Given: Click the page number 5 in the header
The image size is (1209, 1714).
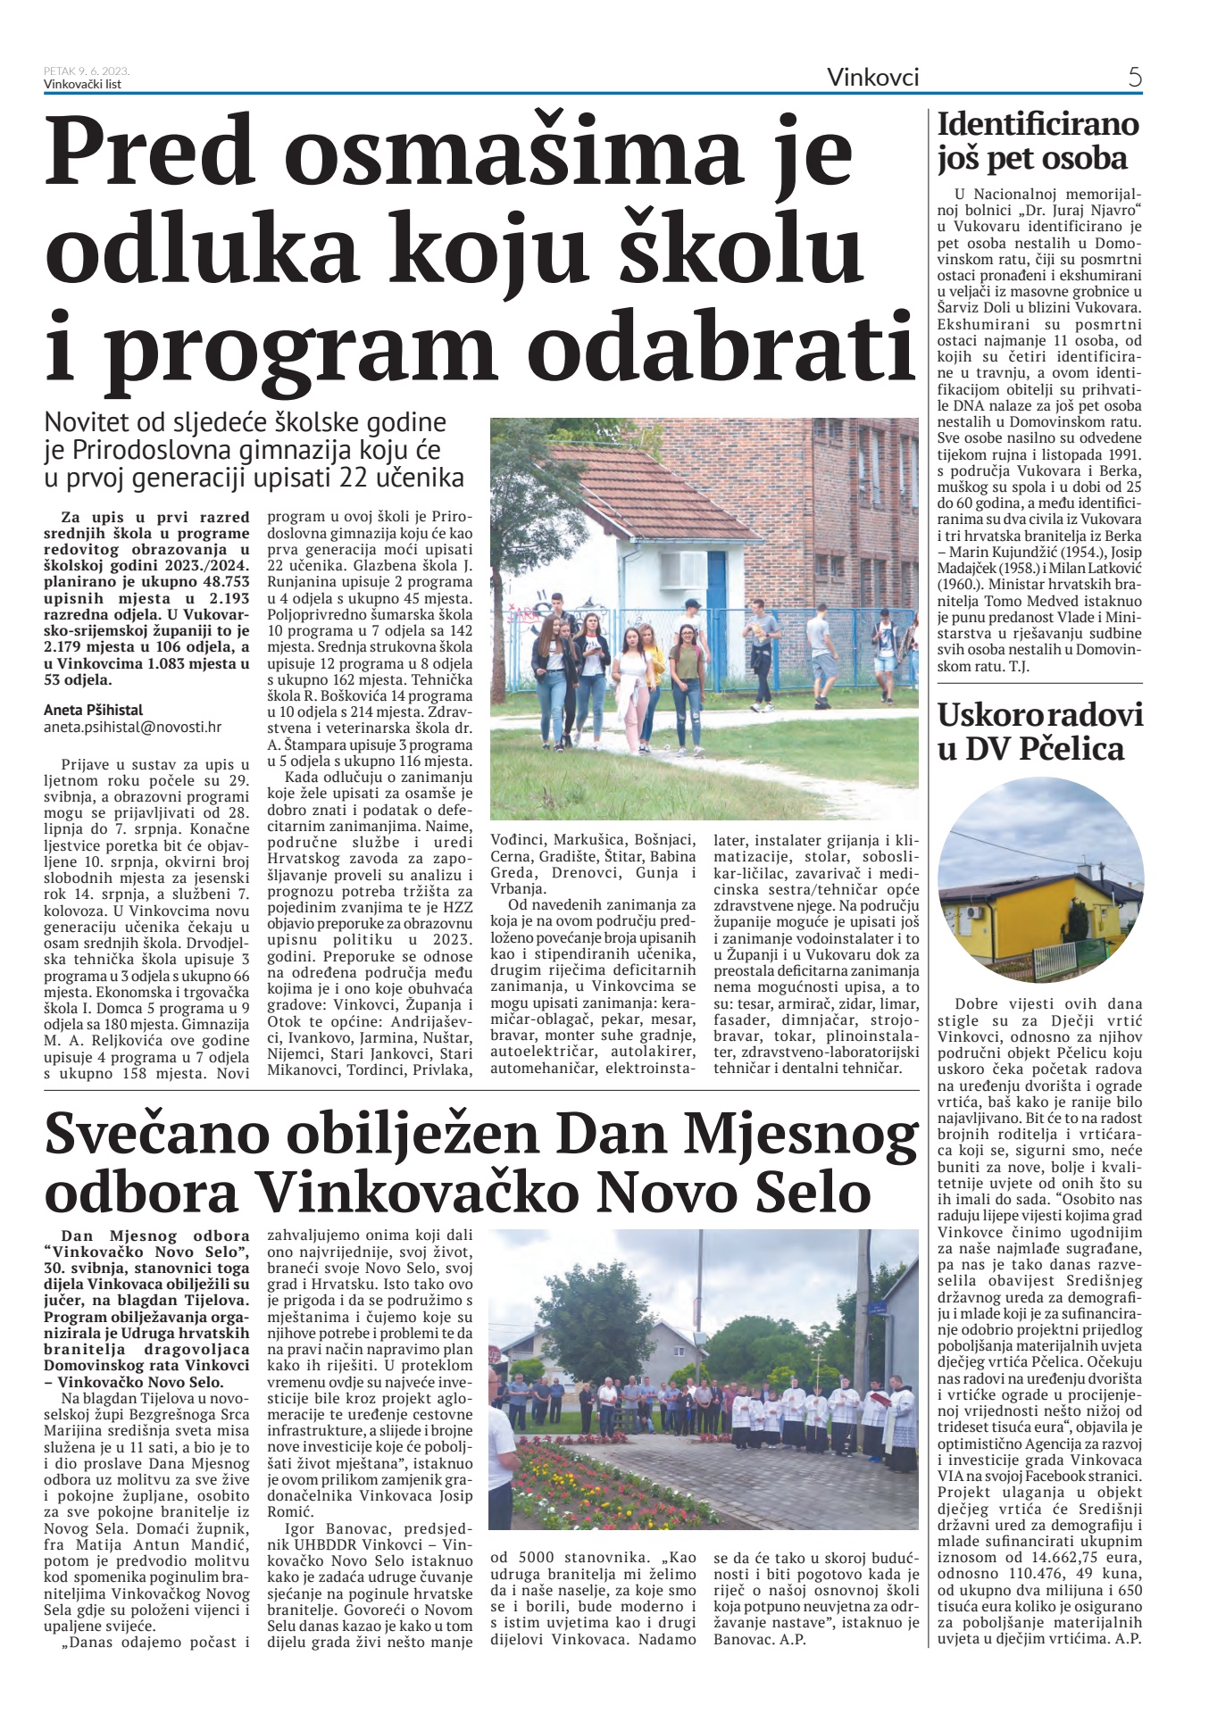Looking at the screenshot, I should [x=1134, y=78].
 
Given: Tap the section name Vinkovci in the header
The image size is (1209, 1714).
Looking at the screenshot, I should [x=872, y=78].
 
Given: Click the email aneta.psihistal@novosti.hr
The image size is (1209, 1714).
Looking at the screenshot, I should [x=132, y=727].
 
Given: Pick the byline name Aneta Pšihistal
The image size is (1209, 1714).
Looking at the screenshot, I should [x=93, y=710].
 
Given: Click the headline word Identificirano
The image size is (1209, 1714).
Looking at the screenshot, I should [x=1038, y=123].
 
